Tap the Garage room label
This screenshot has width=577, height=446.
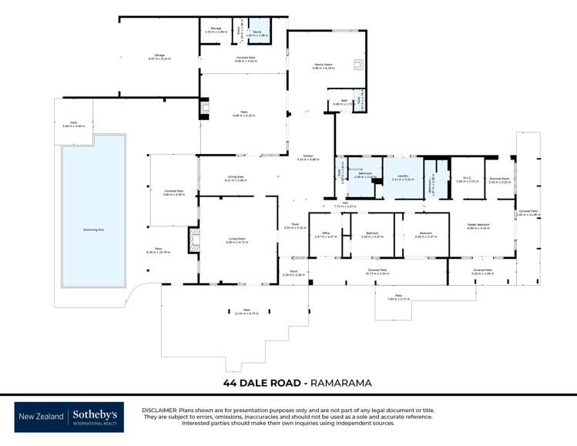159,55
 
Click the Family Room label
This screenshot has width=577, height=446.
324,66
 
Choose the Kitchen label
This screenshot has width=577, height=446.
308,157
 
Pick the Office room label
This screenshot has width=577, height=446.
326,235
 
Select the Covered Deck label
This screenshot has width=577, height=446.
244,58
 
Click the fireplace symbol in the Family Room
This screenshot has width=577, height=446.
357,65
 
